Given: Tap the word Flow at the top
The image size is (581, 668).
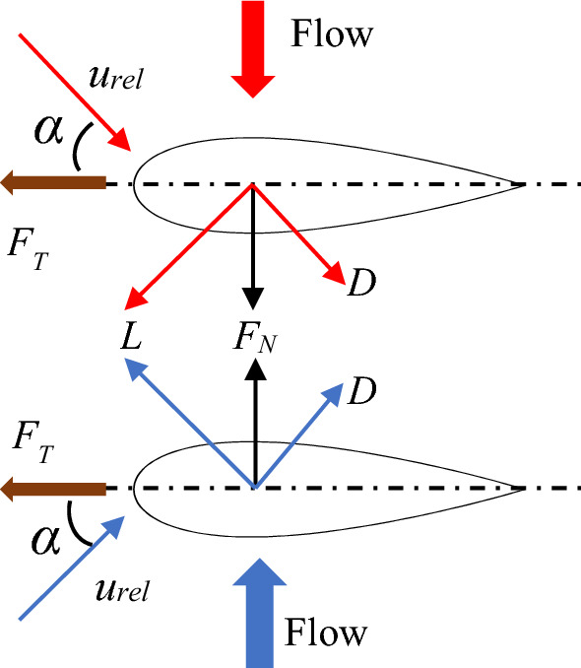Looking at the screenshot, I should coord(333,34).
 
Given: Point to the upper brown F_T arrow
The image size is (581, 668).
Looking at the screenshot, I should coord(54,182).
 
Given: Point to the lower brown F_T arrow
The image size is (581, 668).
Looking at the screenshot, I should coord(54,488).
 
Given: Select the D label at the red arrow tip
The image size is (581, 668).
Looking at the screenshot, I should coord(361,285).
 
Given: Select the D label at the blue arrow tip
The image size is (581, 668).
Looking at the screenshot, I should coord(361,391).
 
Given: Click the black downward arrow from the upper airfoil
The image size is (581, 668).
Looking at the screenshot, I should coord(255,246).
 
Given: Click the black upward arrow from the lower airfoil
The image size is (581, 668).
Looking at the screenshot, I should coord(255,424).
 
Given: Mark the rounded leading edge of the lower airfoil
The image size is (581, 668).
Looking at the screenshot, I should coord(136,488).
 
